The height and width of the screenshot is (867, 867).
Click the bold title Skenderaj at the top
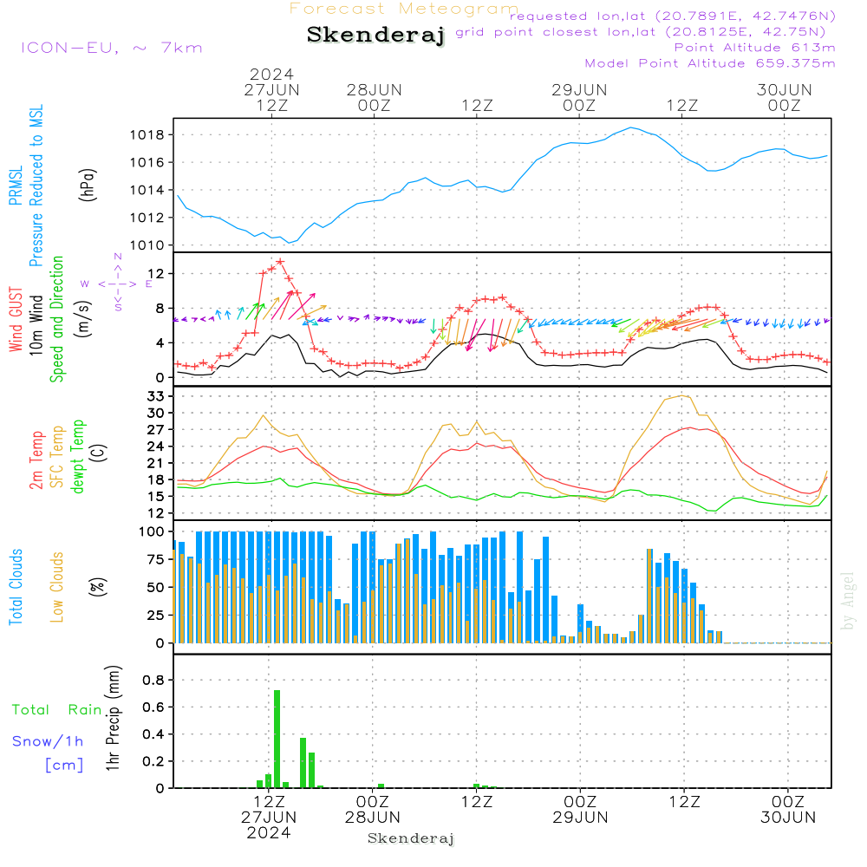coord(375,36)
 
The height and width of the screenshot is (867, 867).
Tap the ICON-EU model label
coord(69,48)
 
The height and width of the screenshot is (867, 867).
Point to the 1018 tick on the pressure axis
coord(147,135)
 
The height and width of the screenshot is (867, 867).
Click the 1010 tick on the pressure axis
coord(147,245)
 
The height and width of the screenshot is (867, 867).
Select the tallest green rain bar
coord(277,739)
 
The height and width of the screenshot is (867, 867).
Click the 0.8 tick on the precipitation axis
coord(153,680)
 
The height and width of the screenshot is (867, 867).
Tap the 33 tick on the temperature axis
coord(156,396)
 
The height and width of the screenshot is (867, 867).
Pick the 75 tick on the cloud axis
coord(156,559)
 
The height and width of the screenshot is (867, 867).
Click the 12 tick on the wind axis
coord(156,274)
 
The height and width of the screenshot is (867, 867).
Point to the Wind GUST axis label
coord(16,319)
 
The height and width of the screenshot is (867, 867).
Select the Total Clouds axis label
coord(16,587)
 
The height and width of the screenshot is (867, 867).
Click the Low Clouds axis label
coord(57,587)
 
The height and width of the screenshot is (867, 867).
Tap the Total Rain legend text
coord(56,710)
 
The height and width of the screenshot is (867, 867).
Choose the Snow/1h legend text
coord(48,741)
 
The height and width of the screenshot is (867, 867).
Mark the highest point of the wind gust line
coord(280,262)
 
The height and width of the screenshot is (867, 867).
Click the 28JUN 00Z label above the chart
coord(375,98)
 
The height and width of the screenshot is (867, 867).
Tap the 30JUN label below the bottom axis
coord(788,818)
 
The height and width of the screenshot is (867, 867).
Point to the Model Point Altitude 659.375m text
coord(710,63)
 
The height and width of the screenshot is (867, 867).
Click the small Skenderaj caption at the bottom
coord(411,838)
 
